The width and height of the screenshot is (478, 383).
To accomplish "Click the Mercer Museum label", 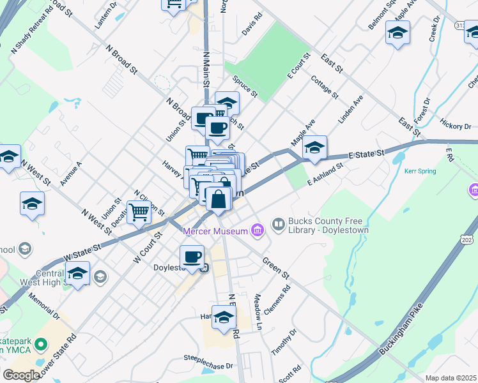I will pos(216,230).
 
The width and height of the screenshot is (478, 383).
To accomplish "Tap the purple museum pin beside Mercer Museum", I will pos(258,230).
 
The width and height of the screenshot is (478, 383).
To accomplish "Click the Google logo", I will pos(20,375).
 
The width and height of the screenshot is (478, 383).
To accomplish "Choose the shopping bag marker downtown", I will pos(219,199).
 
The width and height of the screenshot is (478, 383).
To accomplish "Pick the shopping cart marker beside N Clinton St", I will pos(139,213).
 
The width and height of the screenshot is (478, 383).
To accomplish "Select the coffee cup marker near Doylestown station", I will pos(192,257).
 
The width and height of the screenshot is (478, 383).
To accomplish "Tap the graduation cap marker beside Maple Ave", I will pos(314,148).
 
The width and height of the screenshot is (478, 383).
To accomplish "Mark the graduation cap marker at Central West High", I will pos(77,274).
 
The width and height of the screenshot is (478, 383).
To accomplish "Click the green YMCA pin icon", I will pos(42,345).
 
